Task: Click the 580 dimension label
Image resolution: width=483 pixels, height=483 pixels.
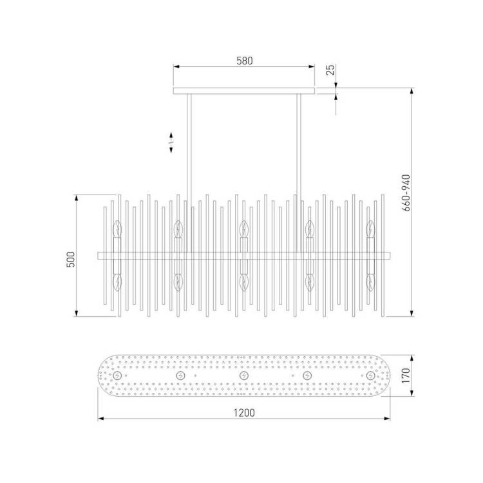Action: [245, 61]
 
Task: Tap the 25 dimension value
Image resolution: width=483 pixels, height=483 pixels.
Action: [330, 70]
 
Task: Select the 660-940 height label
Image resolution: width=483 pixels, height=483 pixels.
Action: [406, 193]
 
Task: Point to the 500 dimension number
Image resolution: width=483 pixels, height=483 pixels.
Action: [71, 260]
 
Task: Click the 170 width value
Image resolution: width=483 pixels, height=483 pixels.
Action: [406, 375]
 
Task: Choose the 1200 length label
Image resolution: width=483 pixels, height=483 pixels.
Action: [244, 412]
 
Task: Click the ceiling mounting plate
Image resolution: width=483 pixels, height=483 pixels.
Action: [244, 91]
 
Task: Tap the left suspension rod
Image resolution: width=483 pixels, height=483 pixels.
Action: [189, 173]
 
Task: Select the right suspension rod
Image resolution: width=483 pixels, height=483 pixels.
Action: [298, 173]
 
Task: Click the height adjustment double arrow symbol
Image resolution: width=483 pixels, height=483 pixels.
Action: [171, 142]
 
